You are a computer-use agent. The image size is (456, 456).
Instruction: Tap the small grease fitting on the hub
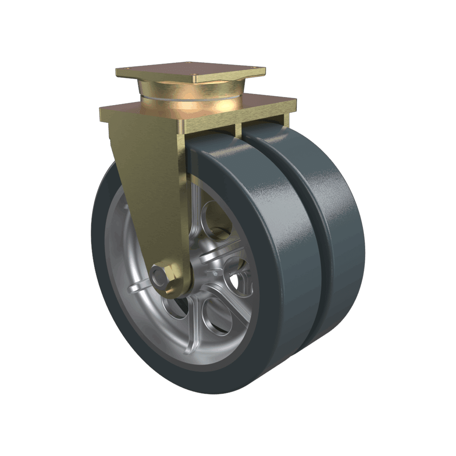[215, 273]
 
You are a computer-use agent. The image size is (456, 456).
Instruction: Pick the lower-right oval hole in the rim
[217, 317]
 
